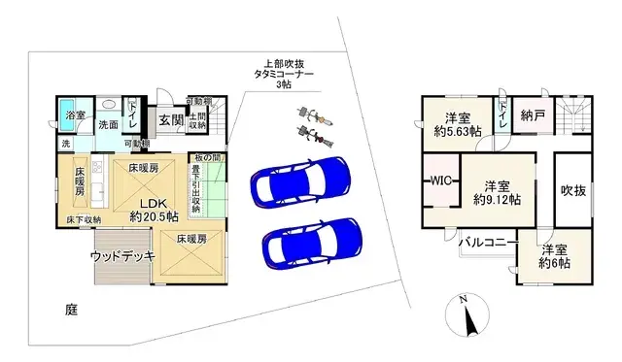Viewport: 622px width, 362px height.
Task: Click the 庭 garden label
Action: [x=71, y=310]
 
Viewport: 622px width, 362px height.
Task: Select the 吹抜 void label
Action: [x=573, y=190]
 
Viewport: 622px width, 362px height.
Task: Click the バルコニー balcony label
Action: [x=485, y=242]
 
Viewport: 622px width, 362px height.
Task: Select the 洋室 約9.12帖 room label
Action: [x=497, y=192]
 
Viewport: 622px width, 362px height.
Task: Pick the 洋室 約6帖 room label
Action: [x=555, y=253]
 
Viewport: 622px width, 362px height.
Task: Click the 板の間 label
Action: [x=208, y=158]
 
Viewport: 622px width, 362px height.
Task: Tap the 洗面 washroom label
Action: [x=107, y=124]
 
